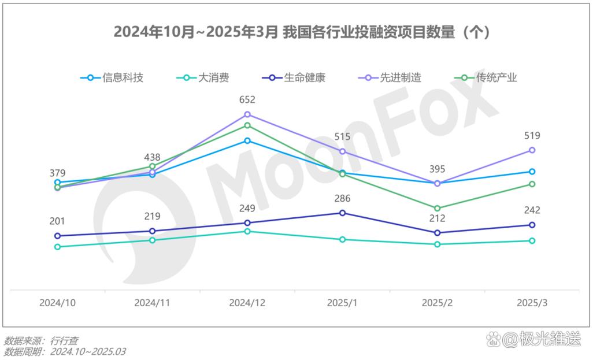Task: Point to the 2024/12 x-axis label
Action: coord(247,303)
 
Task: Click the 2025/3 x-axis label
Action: coord(532,303)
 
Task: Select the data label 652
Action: coord(247,100)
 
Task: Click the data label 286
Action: coord(342,199)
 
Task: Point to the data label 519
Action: coord(532,136)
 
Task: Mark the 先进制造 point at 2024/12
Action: coord(247,114)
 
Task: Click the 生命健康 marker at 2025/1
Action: coord(342,213)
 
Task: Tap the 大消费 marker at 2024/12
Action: coord(247,231)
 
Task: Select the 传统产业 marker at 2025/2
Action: coord(437,208)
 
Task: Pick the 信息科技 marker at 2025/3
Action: coord(532,172)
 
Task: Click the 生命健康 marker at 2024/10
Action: coord(57,236)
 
